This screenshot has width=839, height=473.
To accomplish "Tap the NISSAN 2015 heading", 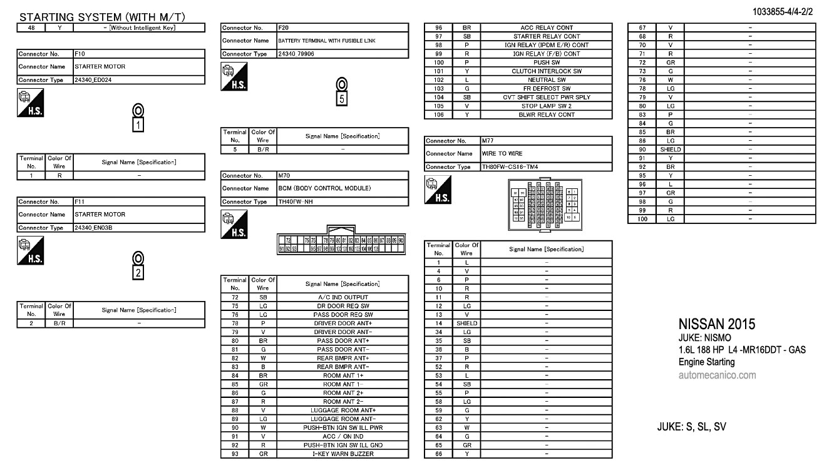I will point(716,324).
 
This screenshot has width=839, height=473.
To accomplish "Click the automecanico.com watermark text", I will point(717,375).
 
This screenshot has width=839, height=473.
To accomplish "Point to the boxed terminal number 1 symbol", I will point(138,125).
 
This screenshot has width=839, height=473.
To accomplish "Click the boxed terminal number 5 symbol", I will point(341,98).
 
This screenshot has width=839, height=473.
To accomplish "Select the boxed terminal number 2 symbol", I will point(138,272).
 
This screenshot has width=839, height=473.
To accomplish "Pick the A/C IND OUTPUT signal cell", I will point(342,297).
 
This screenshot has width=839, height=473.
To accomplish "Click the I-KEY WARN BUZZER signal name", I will point(342,454).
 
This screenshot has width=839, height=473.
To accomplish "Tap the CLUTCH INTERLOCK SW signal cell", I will point(546,71).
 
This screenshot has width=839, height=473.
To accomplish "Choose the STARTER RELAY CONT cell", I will point(546,36).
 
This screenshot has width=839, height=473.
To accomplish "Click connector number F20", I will point(285,28).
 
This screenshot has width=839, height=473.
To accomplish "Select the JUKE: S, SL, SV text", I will point(691,427).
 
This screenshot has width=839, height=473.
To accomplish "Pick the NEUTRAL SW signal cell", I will point(546,80).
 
